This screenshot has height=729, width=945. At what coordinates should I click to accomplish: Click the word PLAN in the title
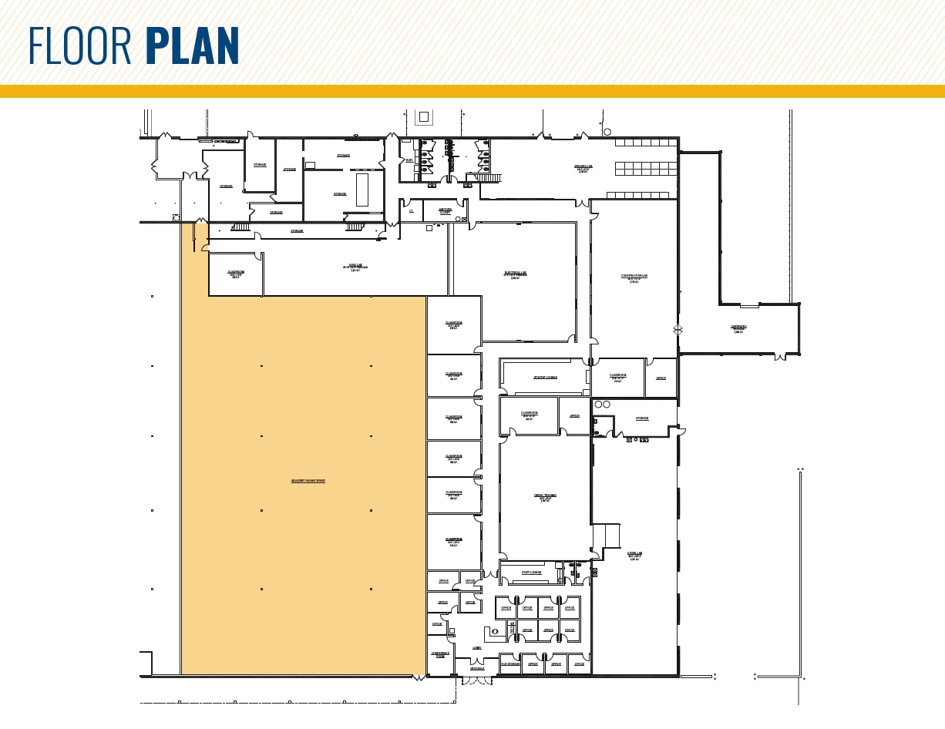point(192,46)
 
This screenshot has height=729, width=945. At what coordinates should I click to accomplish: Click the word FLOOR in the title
point(82,46)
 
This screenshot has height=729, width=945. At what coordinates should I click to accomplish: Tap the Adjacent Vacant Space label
point(308,481)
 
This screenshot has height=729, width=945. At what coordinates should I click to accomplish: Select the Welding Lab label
point(583,167)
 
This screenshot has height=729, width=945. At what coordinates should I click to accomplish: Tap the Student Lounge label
point(545,378)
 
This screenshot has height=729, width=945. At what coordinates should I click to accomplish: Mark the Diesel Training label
point(544,496)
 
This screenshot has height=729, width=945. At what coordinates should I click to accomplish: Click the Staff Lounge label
point(531,573)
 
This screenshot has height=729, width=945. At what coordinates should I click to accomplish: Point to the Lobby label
point(476,648)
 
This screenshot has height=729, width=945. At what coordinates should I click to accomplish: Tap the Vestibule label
point(477,668)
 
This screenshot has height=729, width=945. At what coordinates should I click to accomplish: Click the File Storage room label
point(509,663)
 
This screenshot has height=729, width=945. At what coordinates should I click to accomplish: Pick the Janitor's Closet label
point(446,210)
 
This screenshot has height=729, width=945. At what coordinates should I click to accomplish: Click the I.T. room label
point(412,210)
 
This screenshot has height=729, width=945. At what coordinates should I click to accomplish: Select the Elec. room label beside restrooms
point(409,160)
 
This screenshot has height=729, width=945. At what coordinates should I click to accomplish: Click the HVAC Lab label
point(355,267)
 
